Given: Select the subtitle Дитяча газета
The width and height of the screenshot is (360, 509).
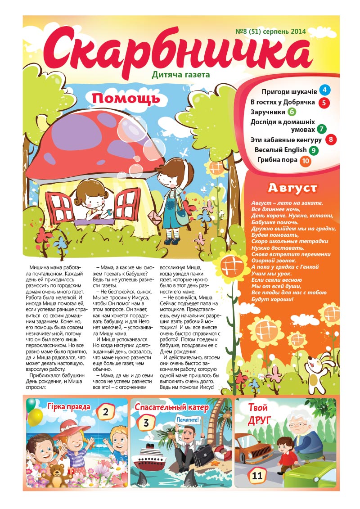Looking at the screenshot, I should point(181,75).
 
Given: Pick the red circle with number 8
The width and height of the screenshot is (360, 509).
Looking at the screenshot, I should point(331,139).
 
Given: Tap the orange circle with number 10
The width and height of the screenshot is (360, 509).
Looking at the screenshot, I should point(305,160).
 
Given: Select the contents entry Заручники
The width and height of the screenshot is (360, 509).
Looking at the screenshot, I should point(268,112).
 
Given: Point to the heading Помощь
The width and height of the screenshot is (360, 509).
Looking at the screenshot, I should point(126,99).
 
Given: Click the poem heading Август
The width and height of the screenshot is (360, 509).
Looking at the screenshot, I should point(292,188).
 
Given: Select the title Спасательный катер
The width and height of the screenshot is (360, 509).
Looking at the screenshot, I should point(172,408).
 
